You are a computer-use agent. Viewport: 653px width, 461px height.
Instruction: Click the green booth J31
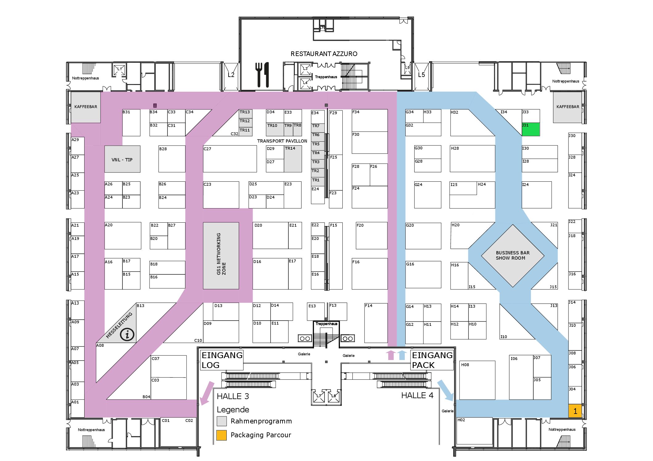tap(531, 129)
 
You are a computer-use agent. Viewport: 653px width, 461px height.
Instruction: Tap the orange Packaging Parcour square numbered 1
tap(575, 411)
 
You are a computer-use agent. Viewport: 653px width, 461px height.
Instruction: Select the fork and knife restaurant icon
tap(262, 75)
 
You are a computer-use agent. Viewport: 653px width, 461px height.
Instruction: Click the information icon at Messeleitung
tap(127, 334)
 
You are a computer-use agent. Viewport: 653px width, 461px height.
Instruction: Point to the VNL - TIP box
tap(122, 159)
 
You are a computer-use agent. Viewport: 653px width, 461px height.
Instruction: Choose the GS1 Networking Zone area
tap(221, 256)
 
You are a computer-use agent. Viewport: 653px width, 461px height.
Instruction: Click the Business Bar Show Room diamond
tap(513, 256)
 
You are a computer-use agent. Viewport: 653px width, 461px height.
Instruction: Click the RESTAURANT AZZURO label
tap(324, 54)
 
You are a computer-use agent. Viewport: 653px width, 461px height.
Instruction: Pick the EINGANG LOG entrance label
tap(222, 360)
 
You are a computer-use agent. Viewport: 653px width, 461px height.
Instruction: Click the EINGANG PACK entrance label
tap(432, 360)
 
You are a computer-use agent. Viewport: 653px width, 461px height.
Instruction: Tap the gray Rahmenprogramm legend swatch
tap(222, 421)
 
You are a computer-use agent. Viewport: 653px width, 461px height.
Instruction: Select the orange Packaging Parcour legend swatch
tap(222, 435)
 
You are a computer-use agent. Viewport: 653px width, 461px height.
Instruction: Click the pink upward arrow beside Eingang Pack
tap(391, 355)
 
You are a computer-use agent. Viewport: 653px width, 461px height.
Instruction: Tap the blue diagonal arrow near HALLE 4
tap(445, 390)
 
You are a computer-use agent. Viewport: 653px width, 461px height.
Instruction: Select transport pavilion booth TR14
tap(293, 159)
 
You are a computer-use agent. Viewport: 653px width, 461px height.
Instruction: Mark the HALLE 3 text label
tap(233, 396)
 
